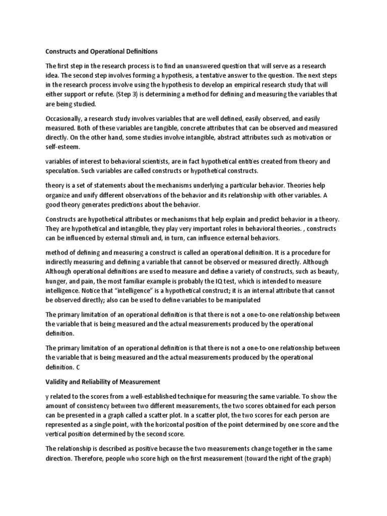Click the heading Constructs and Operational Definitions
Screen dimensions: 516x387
pyautogui.click(x=101, y=51)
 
